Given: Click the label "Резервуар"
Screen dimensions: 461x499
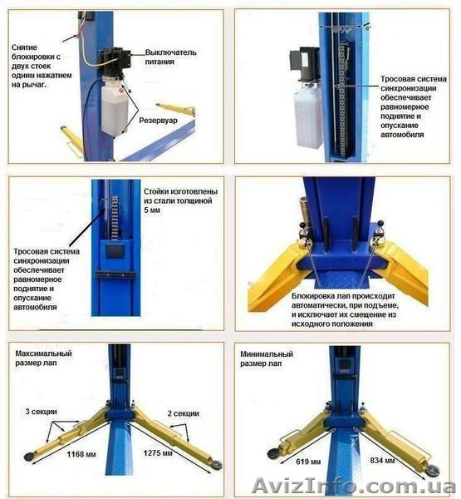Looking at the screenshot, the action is [158, 121].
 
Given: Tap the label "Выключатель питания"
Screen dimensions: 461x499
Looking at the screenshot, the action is [171, 57].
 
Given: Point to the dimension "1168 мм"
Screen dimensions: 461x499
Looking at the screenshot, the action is [81, 454].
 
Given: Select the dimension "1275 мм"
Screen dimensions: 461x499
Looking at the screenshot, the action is [158, 453].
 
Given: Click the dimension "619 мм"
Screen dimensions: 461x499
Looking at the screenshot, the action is [308, 462].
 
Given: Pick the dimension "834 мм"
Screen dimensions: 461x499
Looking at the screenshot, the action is [382, 461].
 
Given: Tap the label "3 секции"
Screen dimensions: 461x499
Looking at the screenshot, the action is [41, 412].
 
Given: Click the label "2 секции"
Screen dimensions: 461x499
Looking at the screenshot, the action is [183, 413].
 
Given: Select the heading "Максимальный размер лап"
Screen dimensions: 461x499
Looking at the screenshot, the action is [43, 358].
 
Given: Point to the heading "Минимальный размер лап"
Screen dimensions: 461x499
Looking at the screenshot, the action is [267, 358].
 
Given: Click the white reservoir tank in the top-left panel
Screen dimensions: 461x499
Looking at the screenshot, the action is [114, 108].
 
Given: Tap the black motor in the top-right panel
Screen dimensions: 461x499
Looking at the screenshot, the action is [305, 64].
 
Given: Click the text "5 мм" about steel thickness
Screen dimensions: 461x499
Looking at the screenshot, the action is [152, 210].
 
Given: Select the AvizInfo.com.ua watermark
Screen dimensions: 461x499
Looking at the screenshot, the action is [354, 487].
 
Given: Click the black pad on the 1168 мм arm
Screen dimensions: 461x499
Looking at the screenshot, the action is [30, 456].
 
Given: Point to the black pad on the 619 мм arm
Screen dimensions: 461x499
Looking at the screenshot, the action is [273, 453].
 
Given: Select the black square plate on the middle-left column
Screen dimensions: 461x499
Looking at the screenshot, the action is [115, 251].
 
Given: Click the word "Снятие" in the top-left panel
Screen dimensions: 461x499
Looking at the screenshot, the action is [24, 47].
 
